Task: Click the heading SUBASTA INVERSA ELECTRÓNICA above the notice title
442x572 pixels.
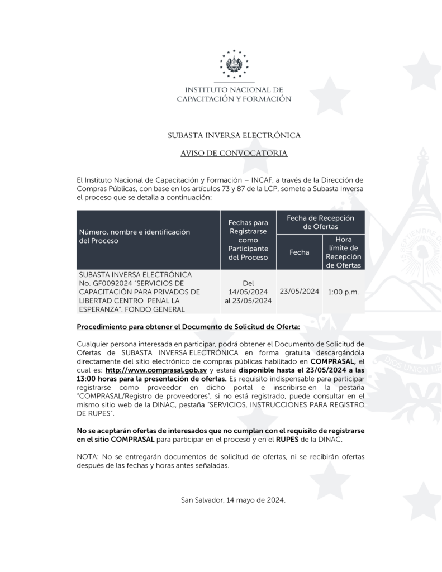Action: [x=234, y=135]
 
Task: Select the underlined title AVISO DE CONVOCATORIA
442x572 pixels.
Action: [x=234, y=152]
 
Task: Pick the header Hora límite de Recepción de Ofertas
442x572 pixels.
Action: [x=343, y=252]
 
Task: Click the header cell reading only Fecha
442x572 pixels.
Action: [x=299, y=252]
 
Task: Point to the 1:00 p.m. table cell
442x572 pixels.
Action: [x=343, y=292]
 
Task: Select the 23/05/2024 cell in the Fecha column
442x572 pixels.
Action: [x=299, y=291]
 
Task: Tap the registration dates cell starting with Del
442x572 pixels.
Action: [x=248, y=292]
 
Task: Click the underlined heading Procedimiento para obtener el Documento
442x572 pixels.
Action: [x=188, y=326]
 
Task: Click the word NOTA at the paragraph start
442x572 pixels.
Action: [x=87, y=457]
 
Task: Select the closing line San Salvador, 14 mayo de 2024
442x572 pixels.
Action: [x=234, y=500]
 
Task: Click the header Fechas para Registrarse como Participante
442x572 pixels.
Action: [x=248, y=240]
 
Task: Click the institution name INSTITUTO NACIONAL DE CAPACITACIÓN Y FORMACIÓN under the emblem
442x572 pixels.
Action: [x=234, y=94]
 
